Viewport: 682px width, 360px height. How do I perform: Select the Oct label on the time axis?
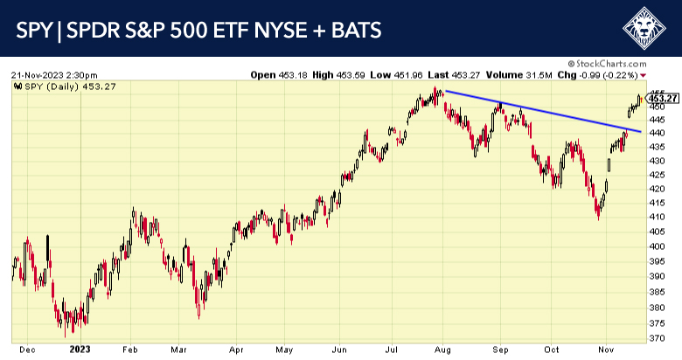[551, 348]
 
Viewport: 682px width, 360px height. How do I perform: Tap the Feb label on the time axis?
[129, 348]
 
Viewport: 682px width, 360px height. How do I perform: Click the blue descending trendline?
[542, 111]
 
